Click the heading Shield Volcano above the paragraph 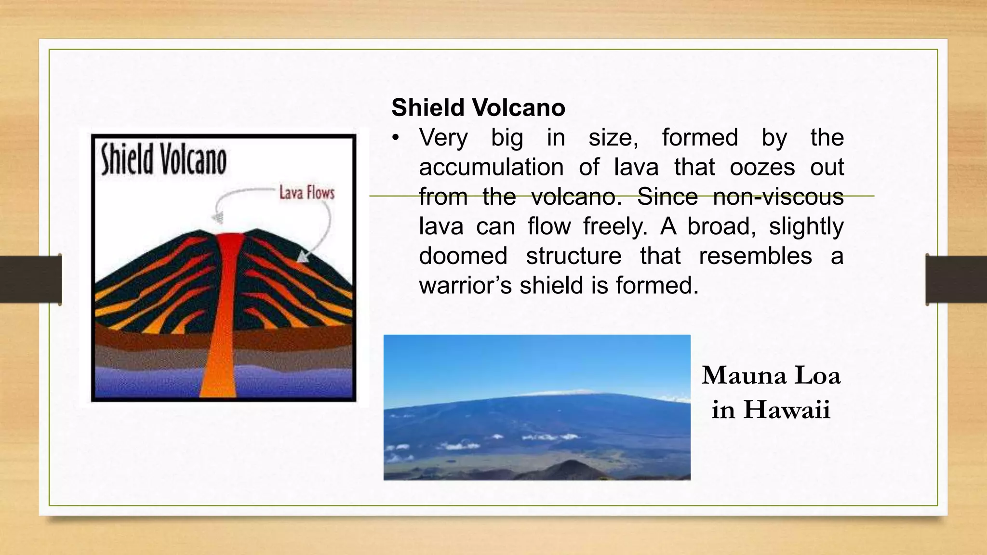tap(478, 107)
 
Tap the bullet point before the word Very tap(396, 138)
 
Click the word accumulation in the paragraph tap(491, 167)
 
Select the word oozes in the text tap(762, 167)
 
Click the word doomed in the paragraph tap(463, 256)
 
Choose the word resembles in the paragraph tap(755, 256)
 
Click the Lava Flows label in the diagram tap(307, 193)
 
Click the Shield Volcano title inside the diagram tap(163, 160)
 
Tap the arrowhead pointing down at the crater tap(219, 217)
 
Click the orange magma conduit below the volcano tap(218, 366)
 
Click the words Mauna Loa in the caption tap(771, 375)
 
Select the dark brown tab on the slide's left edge tap(30, 279)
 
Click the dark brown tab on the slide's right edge tap(956, 279)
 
